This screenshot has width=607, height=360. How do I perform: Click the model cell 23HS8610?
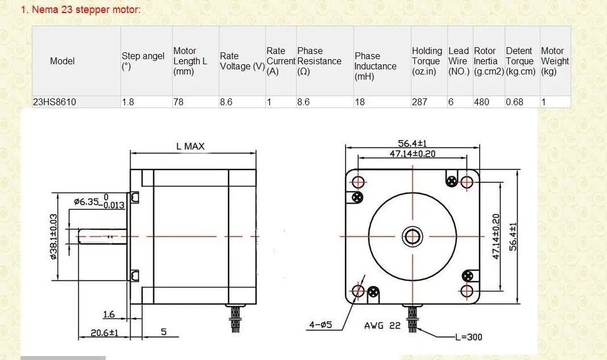[55, 102]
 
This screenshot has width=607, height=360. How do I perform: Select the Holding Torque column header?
[427, 61]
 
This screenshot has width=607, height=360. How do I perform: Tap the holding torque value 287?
[419, 102]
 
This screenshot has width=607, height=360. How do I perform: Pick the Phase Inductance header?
[375, 67]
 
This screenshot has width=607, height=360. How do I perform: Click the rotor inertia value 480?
[481, 102]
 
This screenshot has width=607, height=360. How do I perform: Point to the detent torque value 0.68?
[514, 102]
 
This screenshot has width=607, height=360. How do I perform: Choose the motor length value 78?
[178, 102]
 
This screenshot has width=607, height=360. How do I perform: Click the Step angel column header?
[143, 61]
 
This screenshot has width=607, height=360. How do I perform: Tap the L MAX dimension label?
[190, 146]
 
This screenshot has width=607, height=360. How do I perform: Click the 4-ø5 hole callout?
[321, 325]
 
